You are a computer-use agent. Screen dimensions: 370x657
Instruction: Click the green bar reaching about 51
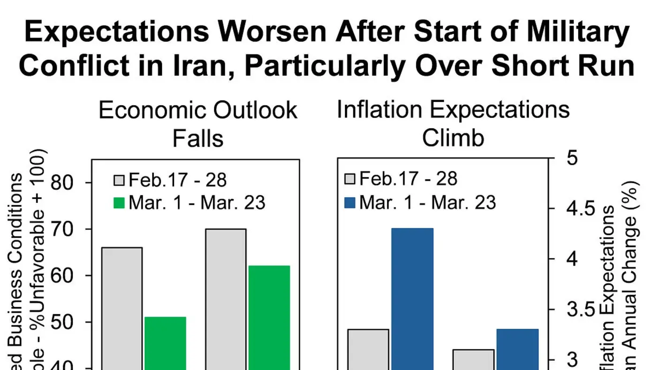[x=165, y=343]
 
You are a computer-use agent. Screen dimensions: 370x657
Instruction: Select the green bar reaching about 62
[x=269, y=317]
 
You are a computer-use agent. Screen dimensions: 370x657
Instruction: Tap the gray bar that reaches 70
[x=226, y=299]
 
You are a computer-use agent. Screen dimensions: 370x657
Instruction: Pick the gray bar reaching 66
[x=122, y=308]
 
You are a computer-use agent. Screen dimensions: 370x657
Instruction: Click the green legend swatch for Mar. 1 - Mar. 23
[x=119, y=203]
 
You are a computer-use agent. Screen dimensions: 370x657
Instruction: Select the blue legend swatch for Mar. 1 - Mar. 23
[x=350, y=203]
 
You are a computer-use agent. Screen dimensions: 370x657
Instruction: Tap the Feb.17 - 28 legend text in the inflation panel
[x=408, y=179]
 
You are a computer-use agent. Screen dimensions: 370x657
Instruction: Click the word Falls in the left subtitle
[x=198, y=139]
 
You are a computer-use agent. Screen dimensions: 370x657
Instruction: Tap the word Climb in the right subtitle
[x=453, y=139]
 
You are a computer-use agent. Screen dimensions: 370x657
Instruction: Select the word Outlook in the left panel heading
[x=255, y=110]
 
